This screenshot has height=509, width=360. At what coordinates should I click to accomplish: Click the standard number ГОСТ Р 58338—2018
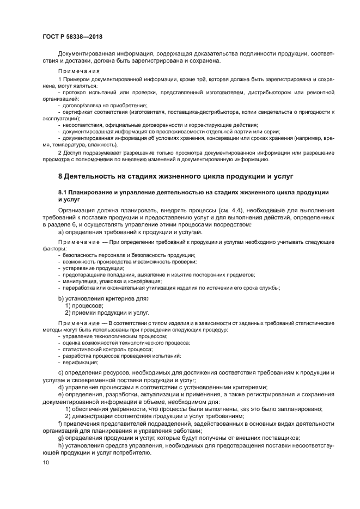72,36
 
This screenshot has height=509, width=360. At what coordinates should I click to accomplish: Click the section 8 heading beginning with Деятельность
176,176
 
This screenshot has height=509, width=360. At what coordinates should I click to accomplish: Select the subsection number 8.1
64,193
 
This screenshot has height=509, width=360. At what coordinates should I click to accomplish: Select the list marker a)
61,232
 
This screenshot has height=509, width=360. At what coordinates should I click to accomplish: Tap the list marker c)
61,372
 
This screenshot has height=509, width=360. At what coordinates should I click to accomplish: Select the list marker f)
60,423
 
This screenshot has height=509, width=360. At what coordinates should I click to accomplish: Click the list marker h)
61,445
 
